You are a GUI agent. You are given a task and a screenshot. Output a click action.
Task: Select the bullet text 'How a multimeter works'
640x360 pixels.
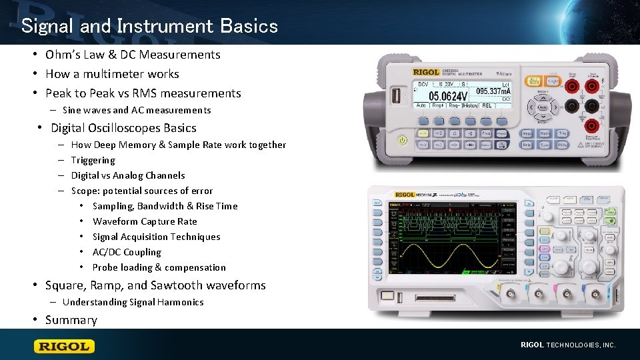(112, 74)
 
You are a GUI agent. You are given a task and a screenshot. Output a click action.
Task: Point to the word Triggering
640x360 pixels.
(93, 160)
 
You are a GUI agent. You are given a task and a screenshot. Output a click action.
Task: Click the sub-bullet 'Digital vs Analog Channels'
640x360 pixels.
(127, 175)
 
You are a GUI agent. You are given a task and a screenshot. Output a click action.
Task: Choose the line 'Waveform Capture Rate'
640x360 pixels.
(145, 221)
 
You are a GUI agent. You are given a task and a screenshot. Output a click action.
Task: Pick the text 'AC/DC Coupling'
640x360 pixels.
(127, 252)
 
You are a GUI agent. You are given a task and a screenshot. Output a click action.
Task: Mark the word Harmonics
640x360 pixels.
(180, 302)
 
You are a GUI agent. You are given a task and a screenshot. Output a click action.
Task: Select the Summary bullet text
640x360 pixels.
(71, 320)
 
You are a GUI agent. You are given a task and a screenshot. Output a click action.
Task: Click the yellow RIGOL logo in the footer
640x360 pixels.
(65, 346)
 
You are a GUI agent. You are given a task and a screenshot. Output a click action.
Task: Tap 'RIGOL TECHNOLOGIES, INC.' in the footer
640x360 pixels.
(567, 345)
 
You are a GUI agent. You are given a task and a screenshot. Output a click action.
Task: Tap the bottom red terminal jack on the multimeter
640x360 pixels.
(591, 126)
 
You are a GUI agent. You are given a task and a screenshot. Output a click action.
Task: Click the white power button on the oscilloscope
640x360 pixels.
(387, 295)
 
